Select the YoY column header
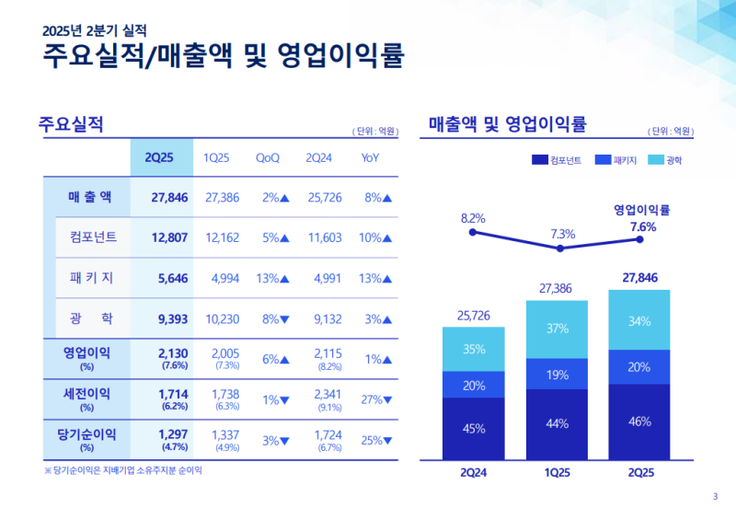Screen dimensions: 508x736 point(371,157)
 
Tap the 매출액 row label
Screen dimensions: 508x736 point(89,197)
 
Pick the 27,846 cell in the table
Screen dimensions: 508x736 point(169,197)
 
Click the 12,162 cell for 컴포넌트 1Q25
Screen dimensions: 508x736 point(223,237)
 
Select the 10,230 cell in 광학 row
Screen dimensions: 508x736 point(223,318)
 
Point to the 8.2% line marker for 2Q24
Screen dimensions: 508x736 point(473,233)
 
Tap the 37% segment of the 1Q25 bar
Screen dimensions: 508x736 point(557,329)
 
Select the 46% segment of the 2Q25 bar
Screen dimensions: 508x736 point(640,421)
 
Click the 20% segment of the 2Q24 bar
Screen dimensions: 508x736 point(473,385)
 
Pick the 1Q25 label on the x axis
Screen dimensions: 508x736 point(557,474)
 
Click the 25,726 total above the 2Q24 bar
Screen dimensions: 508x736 point(473,316)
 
